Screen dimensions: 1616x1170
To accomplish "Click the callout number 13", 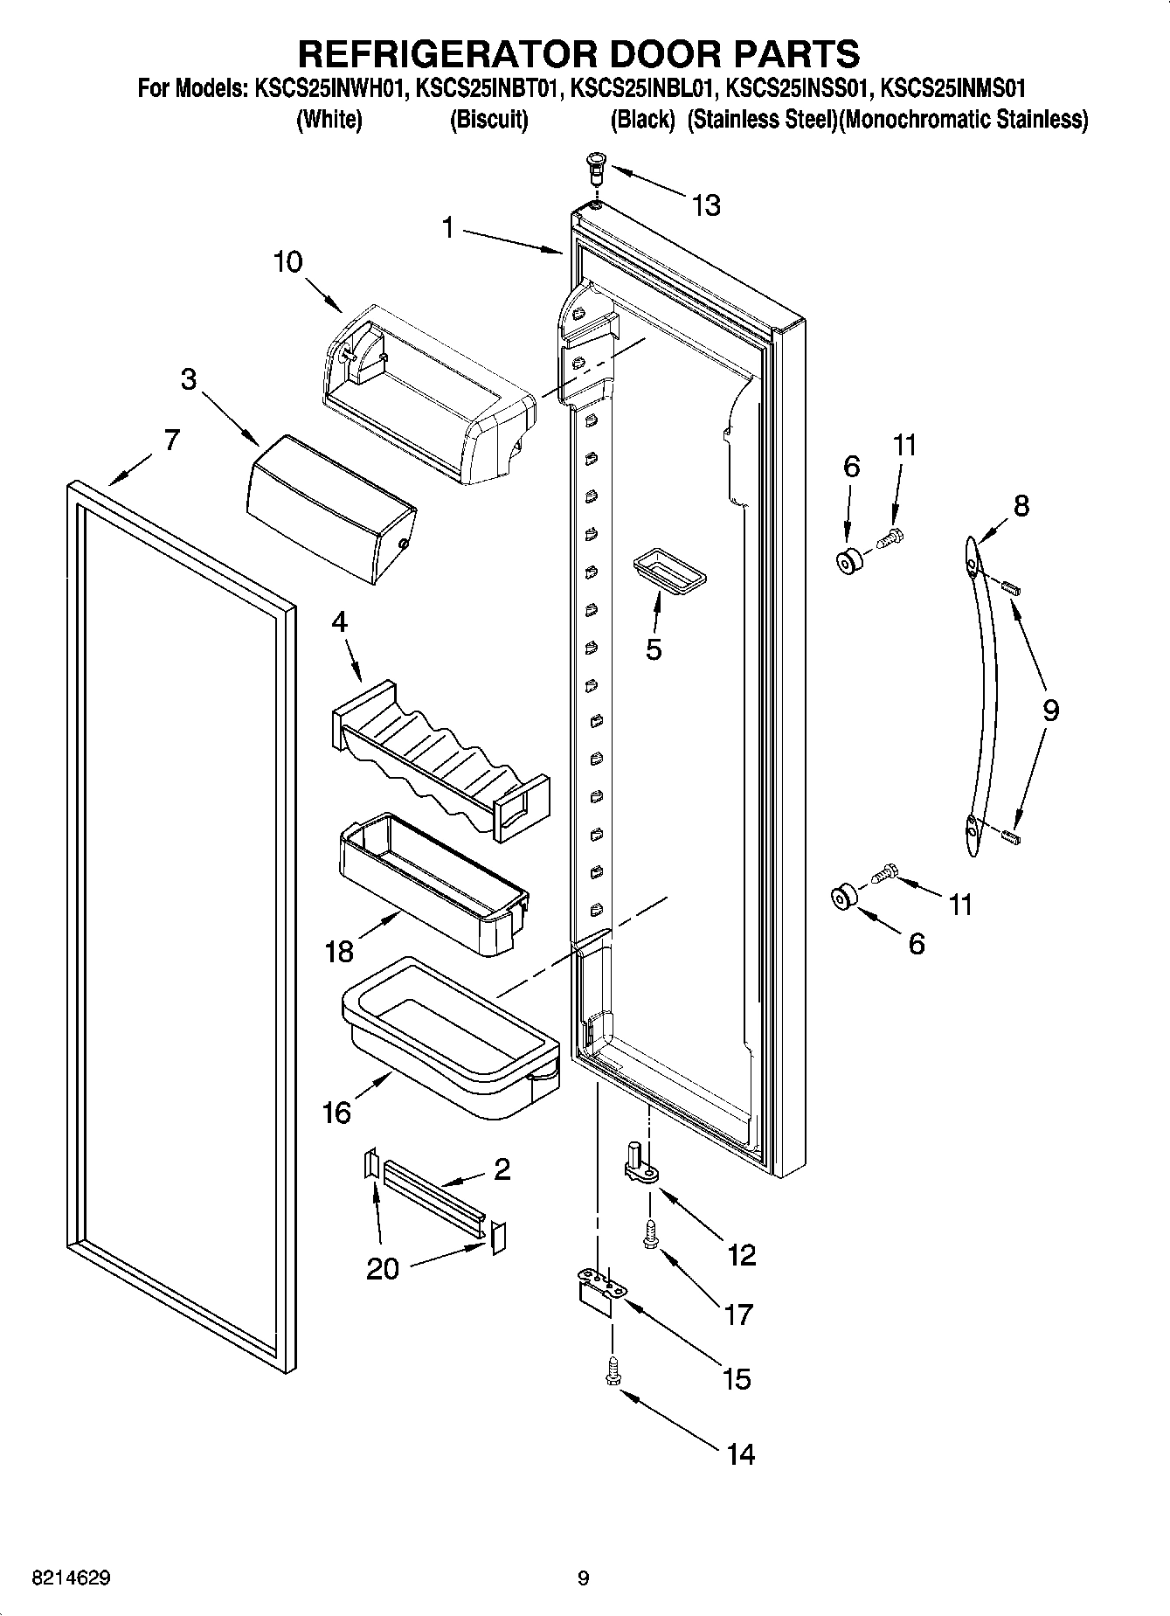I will click(705, 205).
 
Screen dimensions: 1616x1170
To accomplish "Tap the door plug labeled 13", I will click(596, 164).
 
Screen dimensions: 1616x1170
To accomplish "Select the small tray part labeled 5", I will click(668, 572).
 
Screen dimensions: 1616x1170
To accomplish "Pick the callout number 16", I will click(336, 1113).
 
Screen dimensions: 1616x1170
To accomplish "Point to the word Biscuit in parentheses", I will click(488, 120).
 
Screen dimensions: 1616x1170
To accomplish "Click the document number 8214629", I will click(70, 1578).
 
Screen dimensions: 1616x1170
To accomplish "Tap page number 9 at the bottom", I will click(583, 1578).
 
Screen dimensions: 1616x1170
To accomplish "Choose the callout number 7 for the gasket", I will click(171, 439).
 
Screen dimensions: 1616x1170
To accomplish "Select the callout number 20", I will click(382, 1268).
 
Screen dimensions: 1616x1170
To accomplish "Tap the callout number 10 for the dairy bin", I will click(287, 261).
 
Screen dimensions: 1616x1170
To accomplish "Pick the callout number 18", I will click(339, 951).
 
